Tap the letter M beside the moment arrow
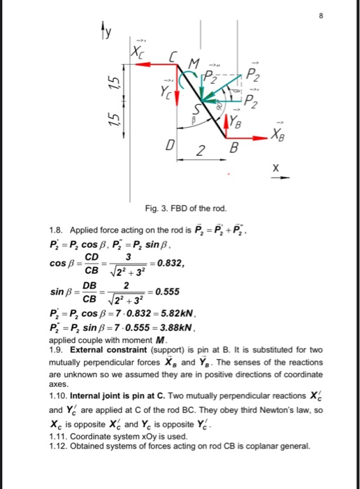point(186,64)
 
